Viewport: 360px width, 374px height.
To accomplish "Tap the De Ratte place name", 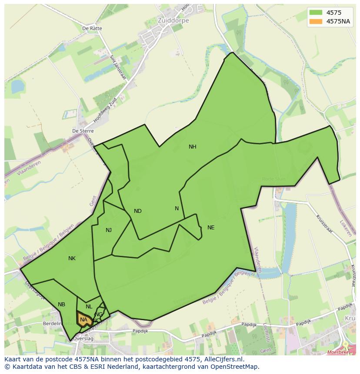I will click(92, 29).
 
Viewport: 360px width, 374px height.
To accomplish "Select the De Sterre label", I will click(83, 131).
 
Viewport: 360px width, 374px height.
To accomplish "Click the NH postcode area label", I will click(192, 147).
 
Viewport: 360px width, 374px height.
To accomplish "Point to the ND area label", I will click(137, 211).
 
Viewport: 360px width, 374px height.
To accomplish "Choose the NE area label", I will click(211, 228).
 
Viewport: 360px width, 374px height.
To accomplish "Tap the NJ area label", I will click(109, 230).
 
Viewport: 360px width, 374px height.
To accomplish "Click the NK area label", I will click(72, 258).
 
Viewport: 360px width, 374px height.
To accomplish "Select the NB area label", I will click(61, 304).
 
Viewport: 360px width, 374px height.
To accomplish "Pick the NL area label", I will click(89, 307).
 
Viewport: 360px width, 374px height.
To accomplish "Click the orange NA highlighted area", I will click(83, 320).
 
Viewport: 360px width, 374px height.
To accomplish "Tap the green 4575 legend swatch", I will click(316, 13).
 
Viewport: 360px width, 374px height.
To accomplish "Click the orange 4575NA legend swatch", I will click(316, 21).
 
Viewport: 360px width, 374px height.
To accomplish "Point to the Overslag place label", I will click(83, 338).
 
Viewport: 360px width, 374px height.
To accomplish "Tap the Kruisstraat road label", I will click(324, 224).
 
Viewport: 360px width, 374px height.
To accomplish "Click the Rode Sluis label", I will click(274, 179).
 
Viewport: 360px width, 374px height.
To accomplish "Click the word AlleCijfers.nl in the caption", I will click(222, 360).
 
